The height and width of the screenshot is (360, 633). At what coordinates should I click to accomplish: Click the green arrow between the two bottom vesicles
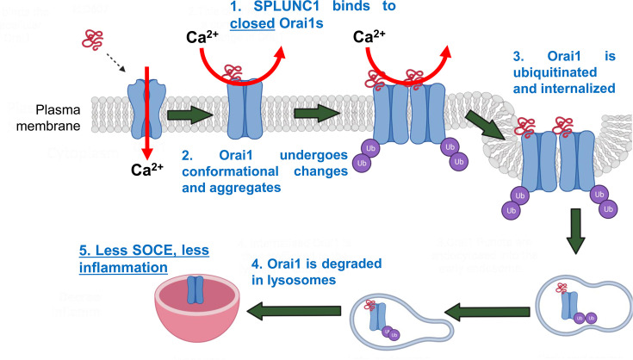tap(492, 307)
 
